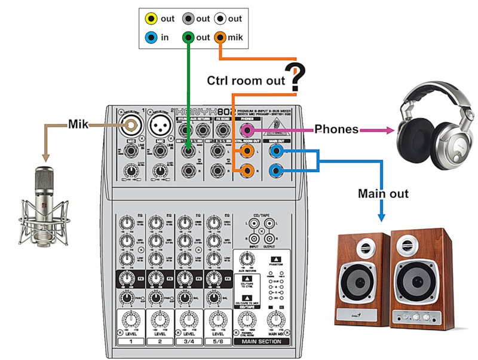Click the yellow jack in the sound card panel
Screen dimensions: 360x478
(x=152, y=19)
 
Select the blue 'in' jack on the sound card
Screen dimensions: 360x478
(x=152, y=38)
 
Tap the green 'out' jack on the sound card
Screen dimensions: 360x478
(x=188, y=38)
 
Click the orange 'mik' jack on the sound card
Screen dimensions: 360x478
(x=220, y=38)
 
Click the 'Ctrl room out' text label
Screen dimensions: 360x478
(x=246, y=81)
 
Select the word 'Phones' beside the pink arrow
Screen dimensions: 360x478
(x=336, y=129)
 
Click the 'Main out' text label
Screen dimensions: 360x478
(x=383, y=193)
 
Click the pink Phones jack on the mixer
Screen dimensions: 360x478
(x=245, y=129)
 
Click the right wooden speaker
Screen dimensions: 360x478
(x=418, y=278)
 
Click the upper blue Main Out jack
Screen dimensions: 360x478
(x=275, y=152)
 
